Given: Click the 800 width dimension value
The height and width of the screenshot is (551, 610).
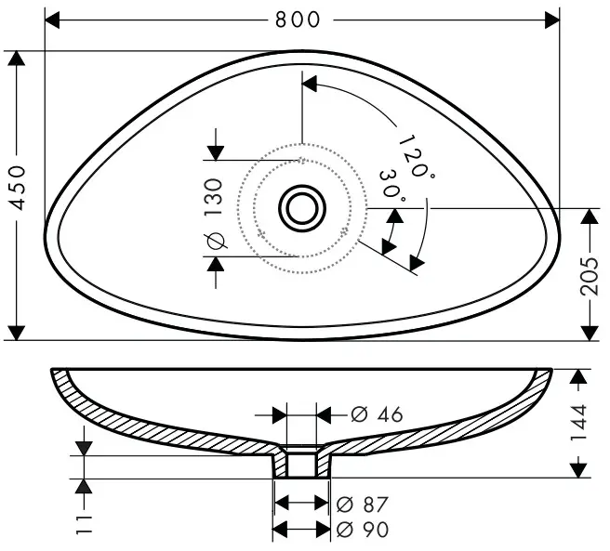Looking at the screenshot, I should [302, 19].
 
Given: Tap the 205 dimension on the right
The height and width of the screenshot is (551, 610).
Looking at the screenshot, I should [589, 274].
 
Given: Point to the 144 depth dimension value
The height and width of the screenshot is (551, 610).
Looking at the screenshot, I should [577, 423].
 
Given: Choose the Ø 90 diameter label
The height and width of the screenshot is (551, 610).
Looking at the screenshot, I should [364, 530].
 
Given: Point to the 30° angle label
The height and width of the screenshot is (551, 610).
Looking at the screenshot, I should [391, 186].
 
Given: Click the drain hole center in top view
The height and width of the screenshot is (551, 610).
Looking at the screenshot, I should [300, 208].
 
